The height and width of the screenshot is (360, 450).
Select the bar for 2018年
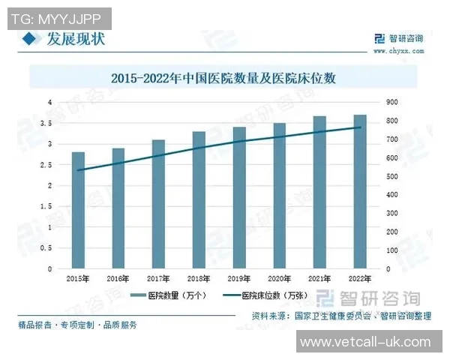point(199,199)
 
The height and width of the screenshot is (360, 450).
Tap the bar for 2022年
point(359,191)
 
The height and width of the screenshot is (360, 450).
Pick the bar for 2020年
point(279,196)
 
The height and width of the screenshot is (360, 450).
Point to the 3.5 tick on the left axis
point(49,123)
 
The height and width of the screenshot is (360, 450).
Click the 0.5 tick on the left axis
point(49,248)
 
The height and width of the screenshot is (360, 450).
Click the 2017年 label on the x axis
point(158,278)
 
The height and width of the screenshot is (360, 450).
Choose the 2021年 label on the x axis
point(319,278)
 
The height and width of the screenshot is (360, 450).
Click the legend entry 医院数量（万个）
point(164,295)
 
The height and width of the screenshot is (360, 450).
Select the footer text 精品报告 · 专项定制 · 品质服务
point(78,325)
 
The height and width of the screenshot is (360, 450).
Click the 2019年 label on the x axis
point(238,278)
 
